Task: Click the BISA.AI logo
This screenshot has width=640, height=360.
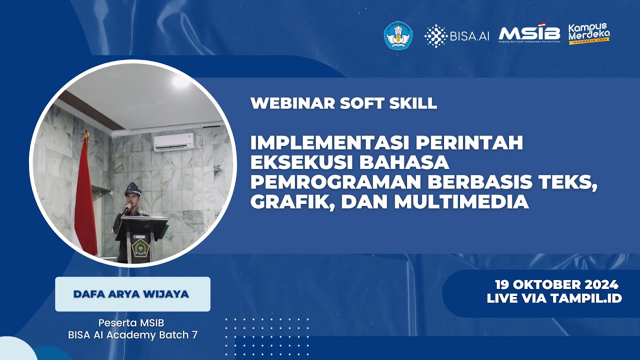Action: pos(457,35)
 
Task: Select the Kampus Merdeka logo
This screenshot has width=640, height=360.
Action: pos(589,33)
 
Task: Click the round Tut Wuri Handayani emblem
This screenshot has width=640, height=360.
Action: pos(398,34)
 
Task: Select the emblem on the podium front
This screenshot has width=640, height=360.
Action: pos(140,247)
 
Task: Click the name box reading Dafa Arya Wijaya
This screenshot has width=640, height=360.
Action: pos(132,294)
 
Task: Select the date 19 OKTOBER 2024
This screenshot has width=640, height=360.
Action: pos(556,285)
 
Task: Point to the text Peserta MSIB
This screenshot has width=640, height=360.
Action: pos(132,322)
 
